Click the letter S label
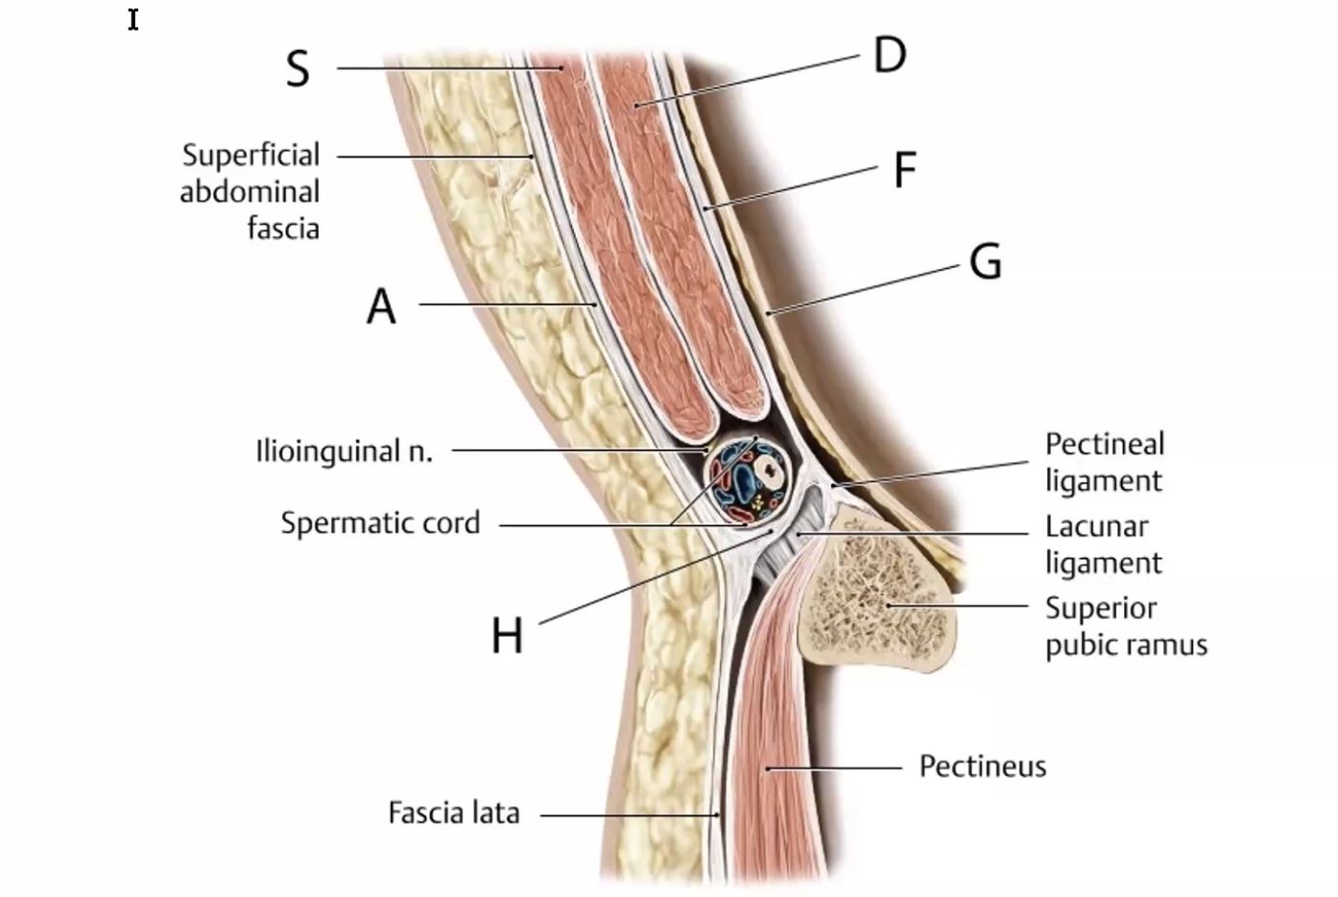pyautogui.click(x=298, y=69)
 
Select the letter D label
pyautogui.click(x=890, y=55)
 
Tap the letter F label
pyautogui.click(x=904, y=171)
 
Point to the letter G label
pyautogui.click(x=986, y=261)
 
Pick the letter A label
pyautogui.click(x=381, y=307)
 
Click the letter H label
pyautogui.click(x=507, y=636)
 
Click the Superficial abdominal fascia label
pyautogui.click(x=251, y=191)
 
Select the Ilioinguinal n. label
pyautogui.click(x=345, y=450)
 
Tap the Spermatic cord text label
pyautogui.click(x=380, y=523)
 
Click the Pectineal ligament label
pyautogui.click(x=1104, y=462)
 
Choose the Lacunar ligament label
pyautogui.click(x=1103, y=545)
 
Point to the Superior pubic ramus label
pyautogui.click(x=1125, y=626)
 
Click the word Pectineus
pyautogui.click(x=982, y=766)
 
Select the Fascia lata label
pyautogui.click(x=453, y=813)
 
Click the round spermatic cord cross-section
pyautogui.click(x=748, y=479)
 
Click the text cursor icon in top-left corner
pyautogui.click(x=133, y=19)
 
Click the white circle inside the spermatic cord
pyautogui.click(x=768, y=469)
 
